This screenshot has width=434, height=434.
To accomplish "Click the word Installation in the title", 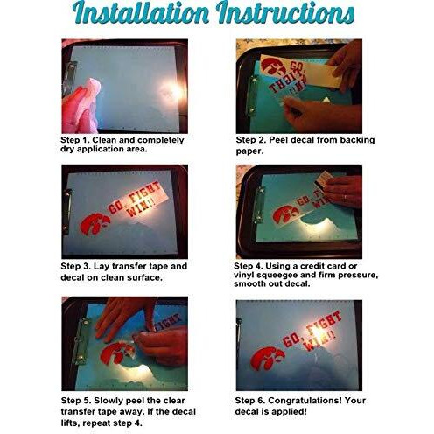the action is (x=141, y=12).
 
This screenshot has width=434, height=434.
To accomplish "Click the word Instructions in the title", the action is (x=285, y=12).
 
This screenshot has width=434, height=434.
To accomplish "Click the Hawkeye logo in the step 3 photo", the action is (x=95, y=224).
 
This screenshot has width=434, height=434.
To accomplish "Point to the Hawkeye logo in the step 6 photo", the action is (x=268, y=359).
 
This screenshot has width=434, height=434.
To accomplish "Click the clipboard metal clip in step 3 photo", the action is (x=67, y=212).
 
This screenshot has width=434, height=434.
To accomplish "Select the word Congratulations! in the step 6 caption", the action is (x=304, y=401).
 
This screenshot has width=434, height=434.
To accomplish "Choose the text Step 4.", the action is (x=248, y=266).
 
